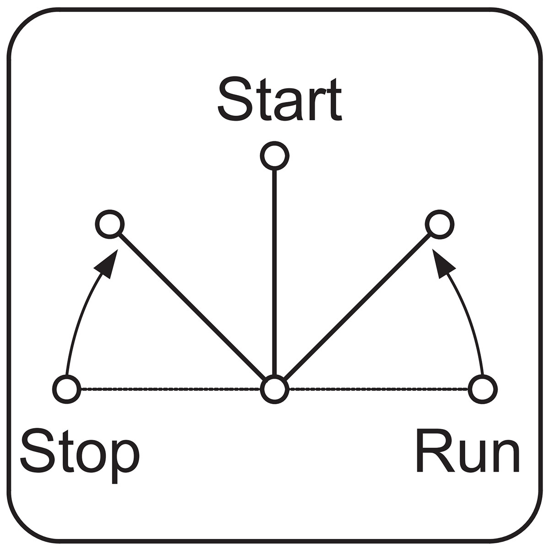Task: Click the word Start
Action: [x=280, y=99]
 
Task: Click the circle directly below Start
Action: [x=274, y=156]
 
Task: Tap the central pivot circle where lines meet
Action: [x=274, y=389]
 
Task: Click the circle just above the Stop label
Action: [x=67, y=389]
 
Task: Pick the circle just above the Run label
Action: [x=483, y=389]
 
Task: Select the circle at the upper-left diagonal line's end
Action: [x=110, y=224]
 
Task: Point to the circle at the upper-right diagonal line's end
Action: [x=440, y=224]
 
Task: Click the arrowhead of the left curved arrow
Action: [x=108, y=263]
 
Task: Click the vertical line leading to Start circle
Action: [x=274, y=273]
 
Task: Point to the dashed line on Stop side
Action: [x=171, y=389]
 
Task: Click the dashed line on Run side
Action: [x=379, y=389]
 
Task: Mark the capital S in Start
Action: [x=235, y=99]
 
